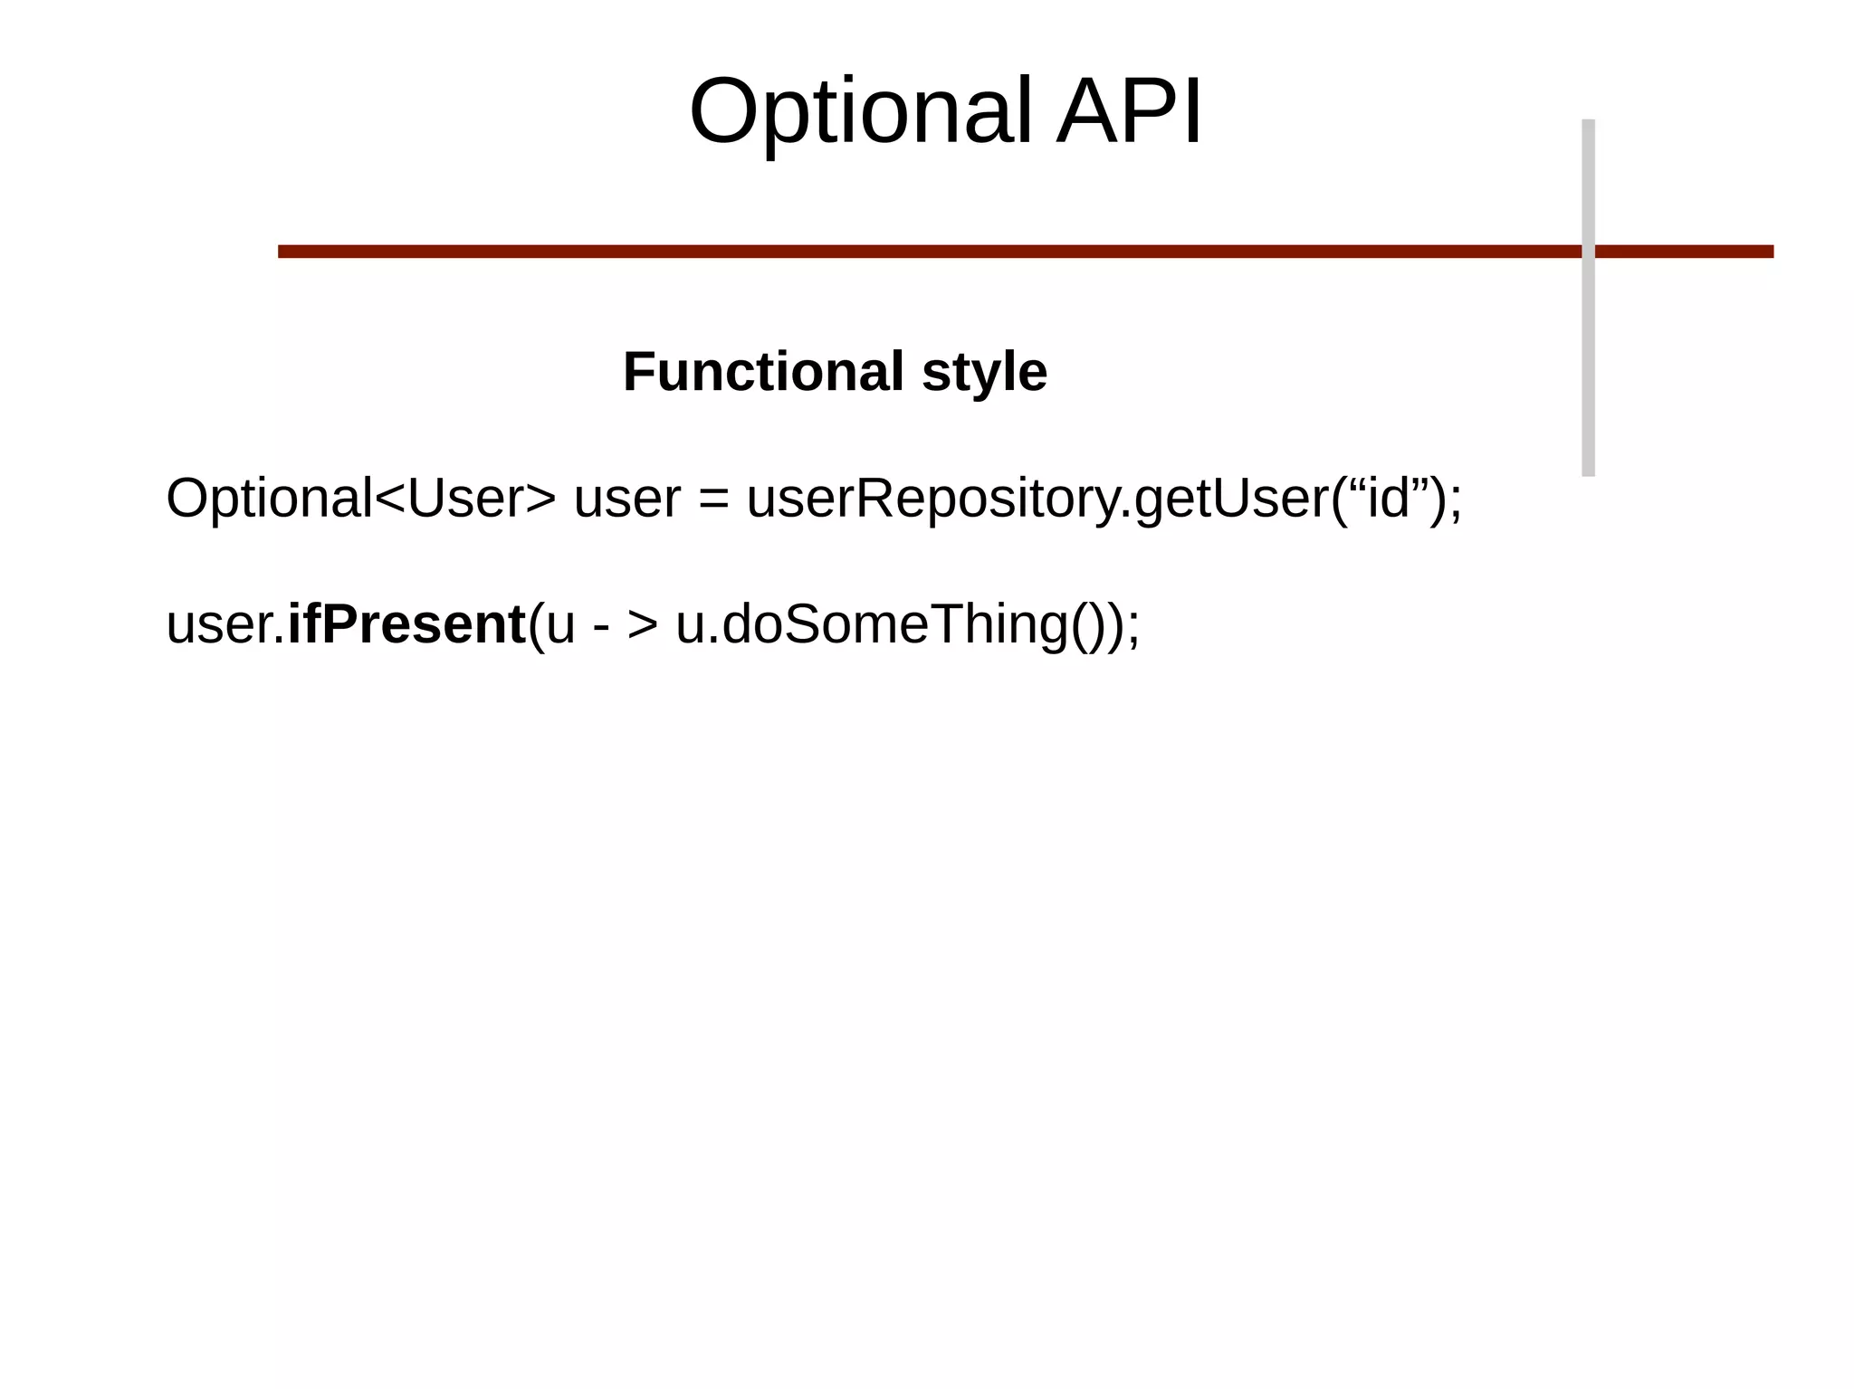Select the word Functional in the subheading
pyautogui.click(x=763, y=372)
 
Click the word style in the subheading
pyautogui.click(x=984, y=372)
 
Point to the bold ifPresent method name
pyautogui.click(x=406, y=624)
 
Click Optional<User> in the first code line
pyautogui.click(x=360, y=499)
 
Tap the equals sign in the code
pyautogui.click(x=713, y=499)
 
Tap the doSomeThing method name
pyautogui.click(x=894, y=625)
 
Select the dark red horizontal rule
pyautogui.click(x=905, y=252)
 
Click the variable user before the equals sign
pyautogui.click(x=626, y=499)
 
